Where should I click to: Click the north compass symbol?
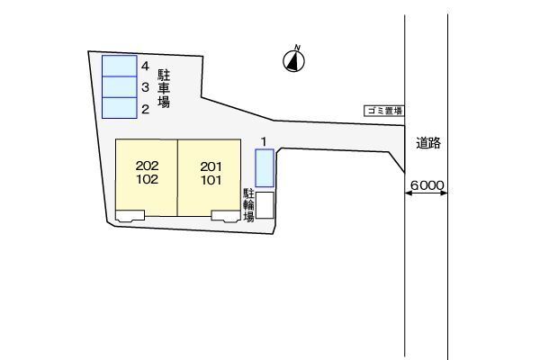click(x=293, y=60)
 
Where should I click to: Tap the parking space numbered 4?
click(x=120, y=66)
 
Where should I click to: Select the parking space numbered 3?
click(x=120, y=87)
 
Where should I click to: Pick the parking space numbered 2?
click(x=120, y=108)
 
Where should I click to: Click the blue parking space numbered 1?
click(x=265, y=168)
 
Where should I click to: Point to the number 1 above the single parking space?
click(x=264, y=141)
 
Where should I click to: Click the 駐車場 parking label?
click(x=164, y=88)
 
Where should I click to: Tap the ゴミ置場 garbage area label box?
click(x=384, y=111)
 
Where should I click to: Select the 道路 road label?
click(x=428, y=143)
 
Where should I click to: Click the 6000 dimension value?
click(x=427, y=185)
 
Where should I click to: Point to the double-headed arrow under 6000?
click(x=426, y=193)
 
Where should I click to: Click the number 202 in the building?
click(x=147, y=166)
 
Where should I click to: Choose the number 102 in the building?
click(x=147, y=179)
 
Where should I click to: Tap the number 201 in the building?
click(x=211, y=166)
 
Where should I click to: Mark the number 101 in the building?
click(x=211, y=180)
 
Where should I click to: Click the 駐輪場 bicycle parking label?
click(x=248, y=205)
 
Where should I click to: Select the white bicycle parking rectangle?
click(x=265, y=205)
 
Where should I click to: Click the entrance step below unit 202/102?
click(x=130, y=216)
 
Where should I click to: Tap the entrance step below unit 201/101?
click(x=226, y=216)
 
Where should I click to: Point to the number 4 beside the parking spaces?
click(x=145, y=66)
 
